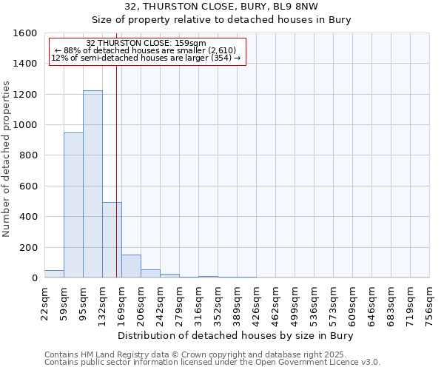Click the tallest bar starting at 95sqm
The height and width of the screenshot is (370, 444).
[x=92, y=185]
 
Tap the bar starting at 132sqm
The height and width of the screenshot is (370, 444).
[x=112, y=240]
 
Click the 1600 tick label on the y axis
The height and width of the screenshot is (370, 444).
[x=25, y=33]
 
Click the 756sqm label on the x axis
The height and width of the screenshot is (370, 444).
[x=430, y=303]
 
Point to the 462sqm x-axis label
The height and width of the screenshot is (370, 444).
[x=276, y=303]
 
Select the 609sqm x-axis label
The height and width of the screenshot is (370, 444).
[x=353, y=303]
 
